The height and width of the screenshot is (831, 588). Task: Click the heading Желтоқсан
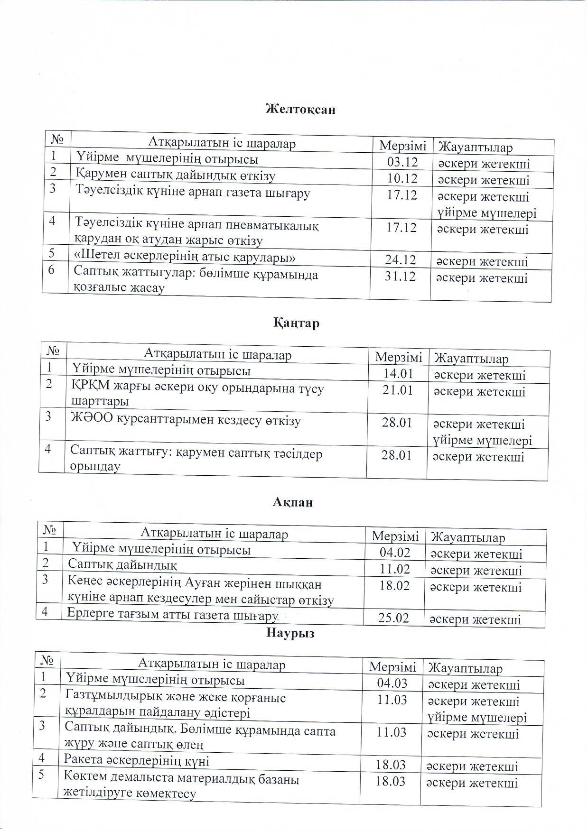pyautogui.click(x=300, y=109)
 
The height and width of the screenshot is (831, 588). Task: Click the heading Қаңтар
pyautogui.click(x=296, y=323)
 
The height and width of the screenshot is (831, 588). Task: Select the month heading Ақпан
pyautogui.click(x=293, y=502)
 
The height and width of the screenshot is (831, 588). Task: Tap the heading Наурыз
pyautogui.click(x=290, y=633)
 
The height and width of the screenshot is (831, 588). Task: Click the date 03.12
pyautogui.click(x=402, y=162)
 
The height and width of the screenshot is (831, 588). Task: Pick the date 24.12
pyautogui.click(x=401, y=260)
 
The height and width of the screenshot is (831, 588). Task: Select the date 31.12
pyautogui.click(x=400, y=276)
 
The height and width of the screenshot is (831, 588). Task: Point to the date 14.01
pyautogui.click(x=398, y=374)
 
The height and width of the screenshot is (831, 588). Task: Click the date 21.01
pyautogui.click(x=398, y=390)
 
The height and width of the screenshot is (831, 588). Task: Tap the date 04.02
pyautogui.click(x=395, y=553)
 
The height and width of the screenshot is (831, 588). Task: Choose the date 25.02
pyautogui.click(x=393, y=618)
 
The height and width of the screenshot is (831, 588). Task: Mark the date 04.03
pyautogui.click(x=392, y=683)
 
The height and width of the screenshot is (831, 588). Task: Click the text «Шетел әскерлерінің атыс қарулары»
pyautogui.click(x=185, y=258)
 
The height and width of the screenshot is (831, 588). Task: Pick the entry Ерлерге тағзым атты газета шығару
pyautogui.click(x=172, y=615)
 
